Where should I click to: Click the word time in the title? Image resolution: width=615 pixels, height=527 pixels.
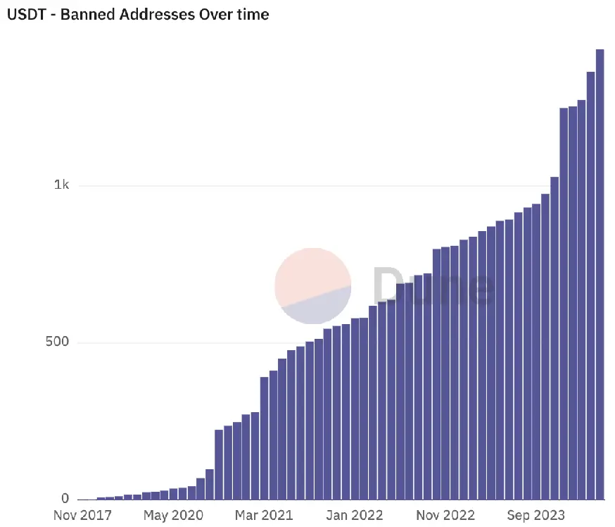coord(251,14)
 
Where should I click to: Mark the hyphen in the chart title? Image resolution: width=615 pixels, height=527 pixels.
coord(53,15)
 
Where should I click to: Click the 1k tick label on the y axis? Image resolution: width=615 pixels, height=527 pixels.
coord(61,185)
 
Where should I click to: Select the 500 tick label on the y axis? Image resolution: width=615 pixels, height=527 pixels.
coord(57,342)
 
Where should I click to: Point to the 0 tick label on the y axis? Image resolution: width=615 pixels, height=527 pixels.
coord(65,499)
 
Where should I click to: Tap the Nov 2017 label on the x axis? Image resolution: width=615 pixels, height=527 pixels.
coord(82,515)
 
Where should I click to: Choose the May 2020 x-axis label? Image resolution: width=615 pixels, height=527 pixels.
coord(172,515)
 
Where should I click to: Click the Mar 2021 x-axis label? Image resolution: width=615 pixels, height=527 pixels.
coord(263,515)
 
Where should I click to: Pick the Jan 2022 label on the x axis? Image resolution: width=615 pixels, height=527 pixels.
coord(355,515)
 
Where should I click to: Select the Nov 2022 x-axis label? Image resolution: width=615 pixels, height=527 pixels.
coord(445,515)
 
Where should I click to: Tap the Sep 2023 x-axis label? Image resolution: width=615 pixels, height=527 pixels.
coord(536,515)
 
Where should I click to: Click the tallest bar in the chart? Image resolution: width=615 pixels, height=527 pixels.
coord(600,275)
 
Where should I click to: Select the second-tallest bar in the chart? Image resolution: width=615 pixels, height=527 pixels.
coord(590,285)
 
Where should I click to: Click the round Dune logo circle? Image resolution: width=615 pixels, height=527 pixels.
coord(313,285)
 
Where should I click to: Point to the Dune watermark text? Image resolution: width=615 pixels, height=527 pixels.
coord(432,286)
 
